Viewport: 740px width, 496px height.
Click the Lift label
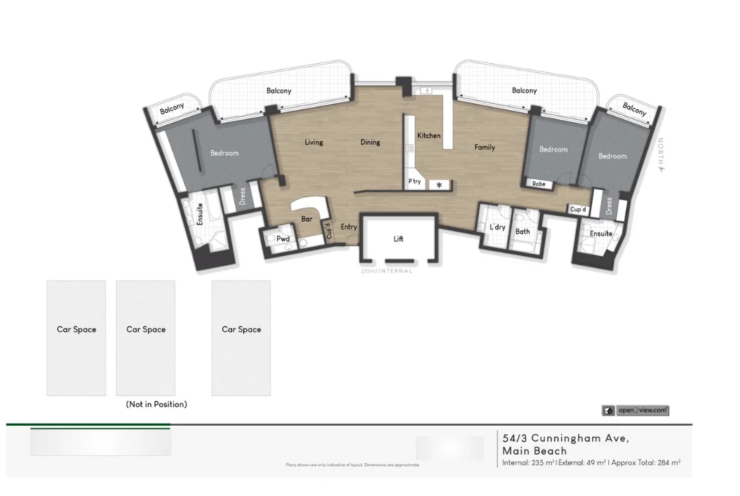(398, 239)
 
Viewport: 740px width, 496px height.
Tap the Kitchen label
(429, 135)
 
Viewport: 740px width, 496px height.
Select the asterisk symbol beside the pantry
(440, 185)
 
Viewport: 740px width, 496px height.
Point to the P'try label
(415, 182)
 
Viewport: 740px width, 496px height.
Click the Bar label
(307, 220)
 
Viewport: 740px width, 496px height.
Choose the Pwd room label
(283, 239)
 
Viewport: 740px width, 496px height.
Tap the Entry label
(349, 227)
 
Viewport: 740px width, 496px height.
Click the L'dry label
(497, 227)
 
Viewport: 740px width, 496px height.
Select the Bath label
(523, 232)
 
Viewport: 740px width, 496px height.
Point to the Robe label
(539, 185)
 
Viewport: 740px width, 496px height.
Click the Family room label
(485, 147)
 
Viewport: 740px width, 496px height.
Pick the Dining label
(370, 142)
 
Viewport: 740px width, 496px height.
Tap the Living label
(314, 142)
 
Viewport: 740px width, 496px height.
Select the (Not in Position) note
(156, 405)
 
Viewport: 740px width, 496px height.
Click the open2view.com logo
(635, 410)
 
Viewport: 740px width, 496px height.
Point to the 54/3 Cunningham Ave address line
(565, 438)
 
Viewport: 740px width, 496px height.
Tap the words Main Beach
(534, 451)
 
